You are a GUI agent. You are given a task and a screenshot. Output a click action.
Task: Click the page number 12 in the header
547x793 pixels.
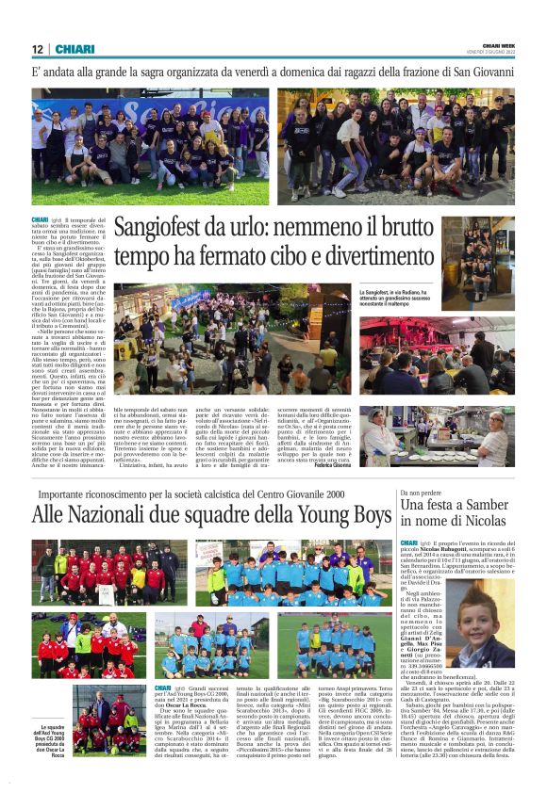pos(37,49)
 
